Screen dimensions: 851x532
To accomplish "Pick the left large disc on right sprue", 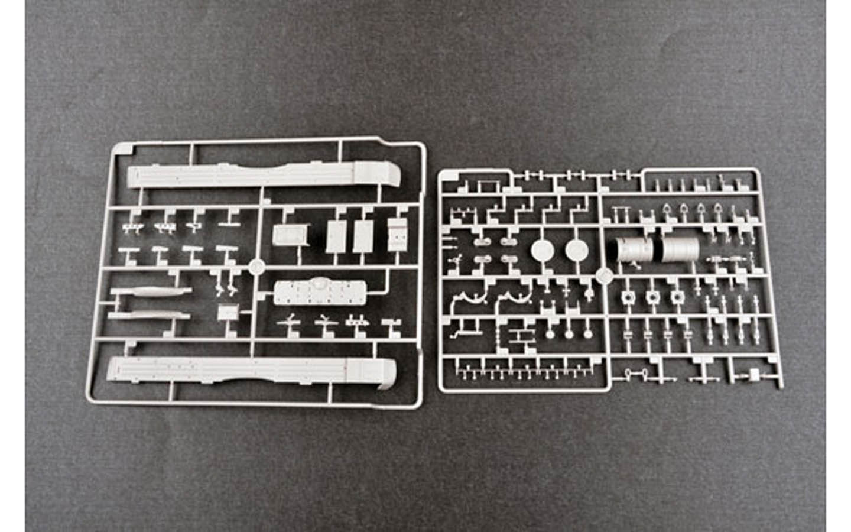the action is [x=543, y=251].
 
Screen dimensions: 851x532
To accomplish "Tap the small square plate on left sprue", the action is [x=226, y=313].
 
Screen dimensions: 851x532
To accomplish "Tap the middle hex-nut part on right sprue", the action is [x=652, y=297].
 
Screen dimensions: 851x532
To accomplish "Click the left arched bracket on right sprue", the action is [x=468, y=297].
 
